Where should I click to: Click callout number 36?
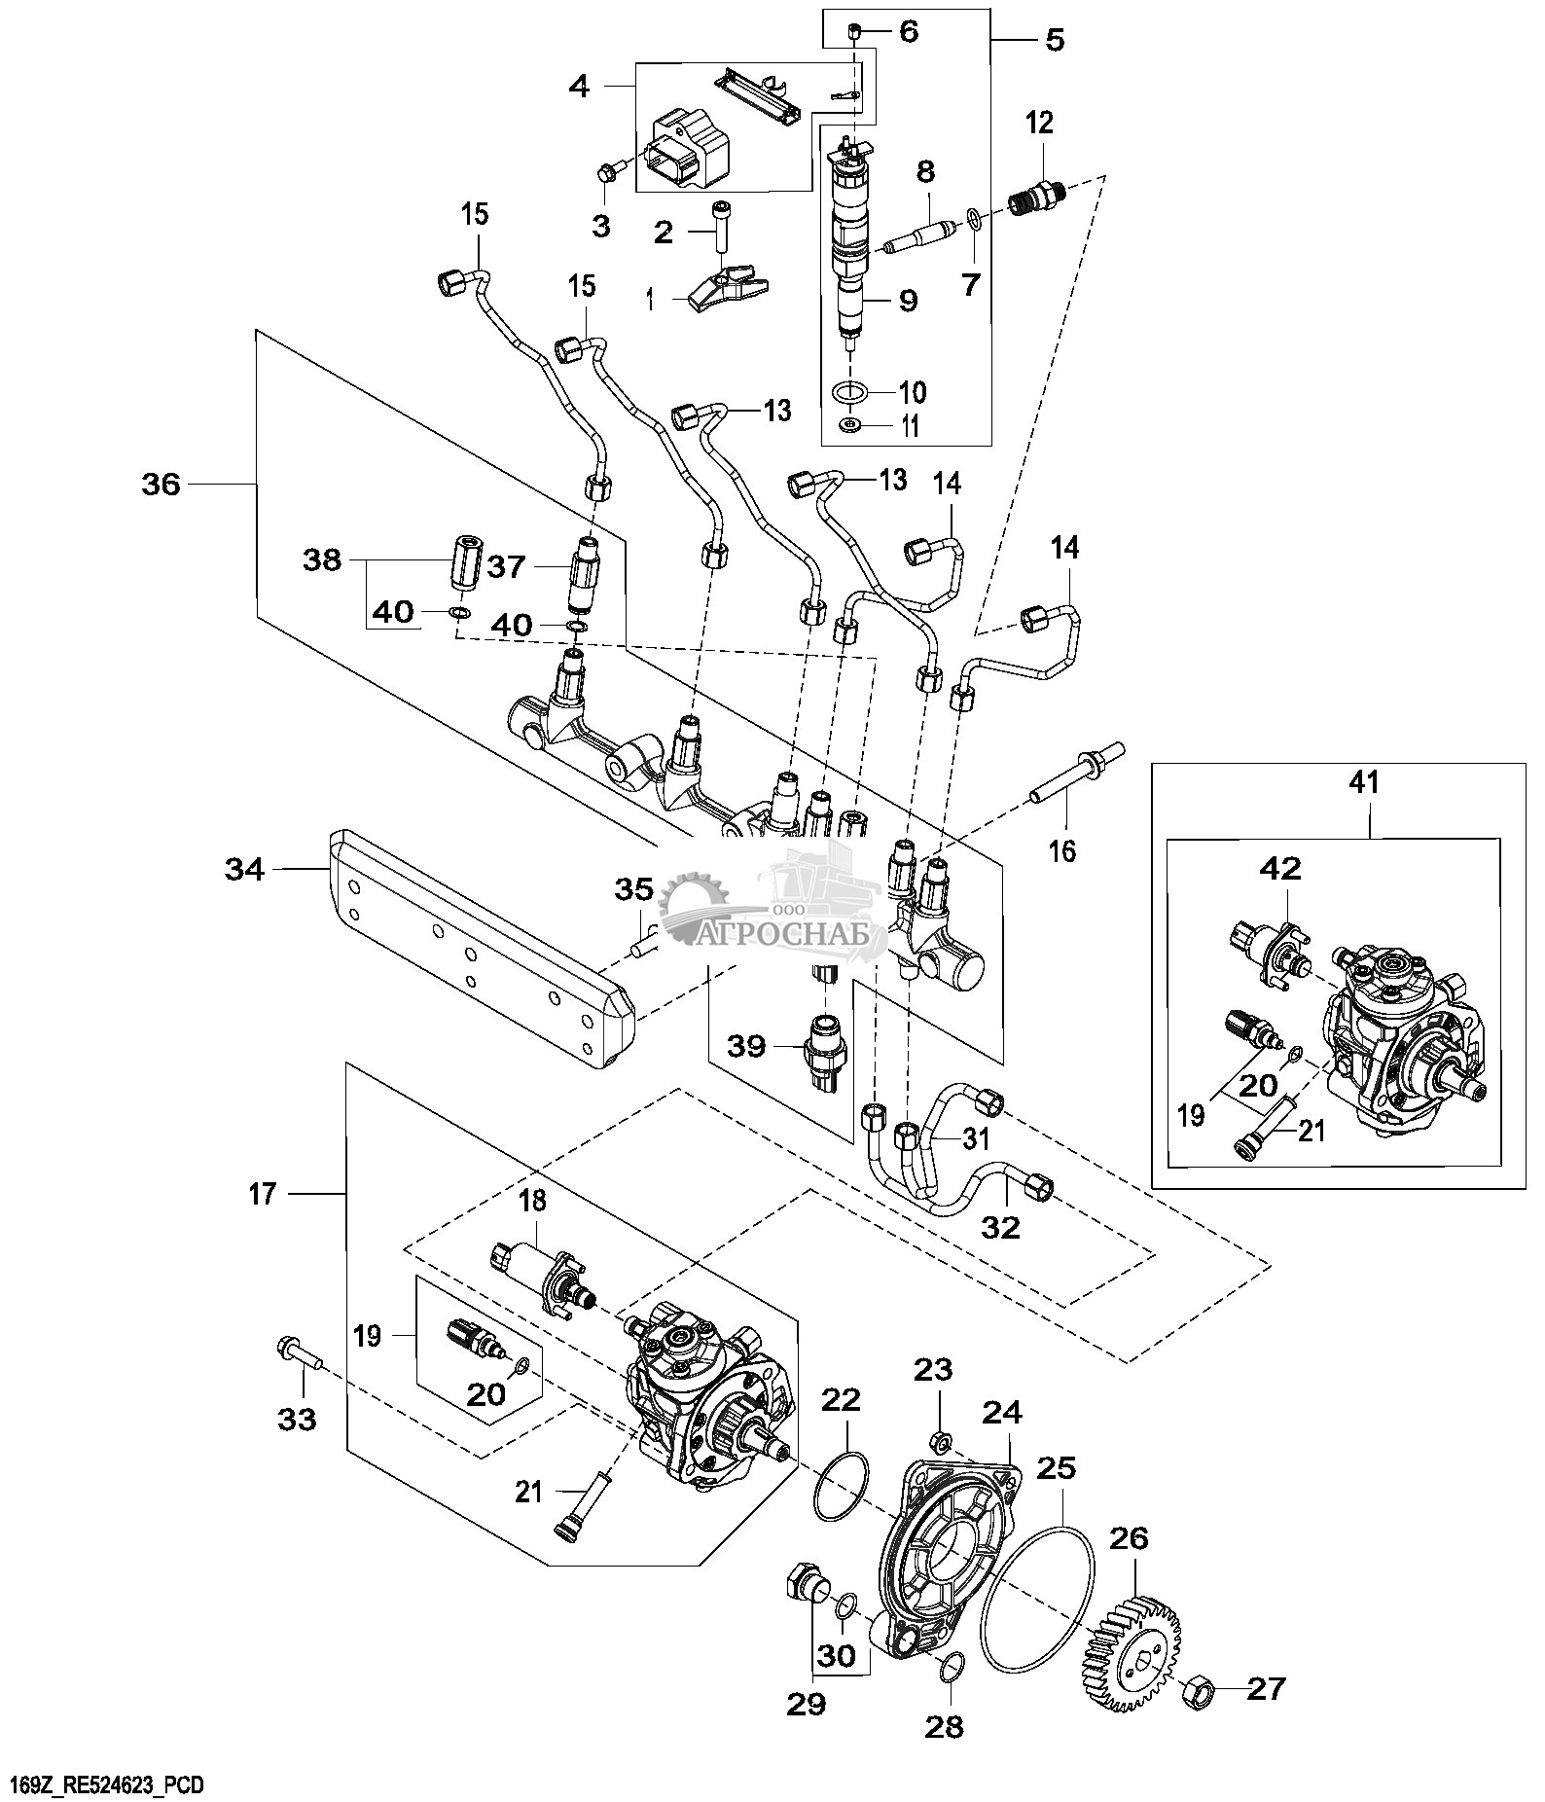point(162,484)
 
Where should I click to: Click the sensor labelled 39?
point(826,1049)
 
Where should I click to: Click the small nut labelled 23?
point(939,1437)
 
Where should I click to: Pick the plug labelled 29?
point(807,1587)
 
